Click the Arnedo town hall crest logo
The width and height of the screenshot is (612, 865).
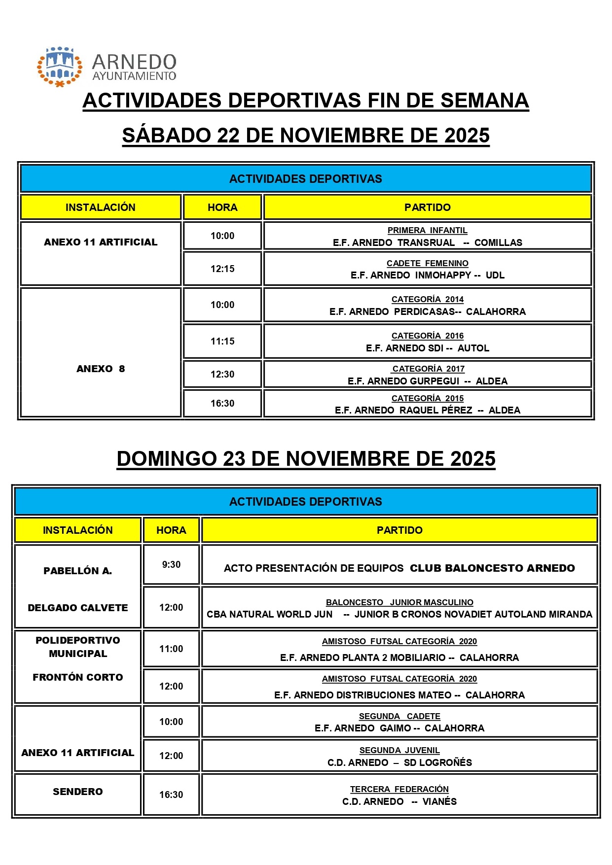(60, 67)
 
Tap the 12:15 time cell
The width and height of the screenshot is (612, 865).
(222, 269)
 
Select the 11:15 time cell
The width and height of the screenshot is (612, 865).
(222, 341)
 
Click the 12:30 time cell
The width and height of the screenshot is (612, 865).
(222, 374)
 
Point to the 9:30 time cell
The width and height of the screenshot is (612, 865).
(171, 564)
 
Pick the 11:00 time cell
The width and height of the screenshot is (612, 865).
(171, 649)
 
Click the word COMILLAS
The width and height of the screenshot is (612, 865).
(498, 242)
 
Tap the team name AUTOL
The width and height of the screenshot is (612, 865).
(473, 348)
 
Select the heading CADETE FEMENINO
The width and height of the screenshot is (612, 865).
(427, 263)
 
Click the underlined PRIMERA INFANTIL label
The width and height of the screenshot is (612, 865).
(427, 230)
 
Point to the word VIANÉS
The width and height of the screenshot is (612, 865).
(439, 801)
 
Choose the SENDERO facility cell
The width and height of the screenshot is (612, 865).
(78, 792)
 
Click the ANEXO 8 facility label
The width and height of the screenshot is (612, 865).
(101, 369)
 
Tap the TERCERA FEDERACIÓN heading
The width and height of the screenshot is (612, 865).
(399, 789)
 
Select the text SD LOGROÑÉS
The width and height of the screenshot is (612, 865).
(438, 762)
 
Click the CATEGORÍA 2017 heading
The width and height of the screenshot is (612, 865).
(428, 369)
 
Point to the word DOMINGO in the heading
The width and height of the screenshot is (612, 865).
(167, 459)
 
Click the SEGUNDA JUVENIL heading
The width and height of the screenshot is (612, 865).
(399, 750)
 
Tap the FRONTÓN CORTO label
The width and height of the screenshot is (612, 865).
(78, 677)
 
